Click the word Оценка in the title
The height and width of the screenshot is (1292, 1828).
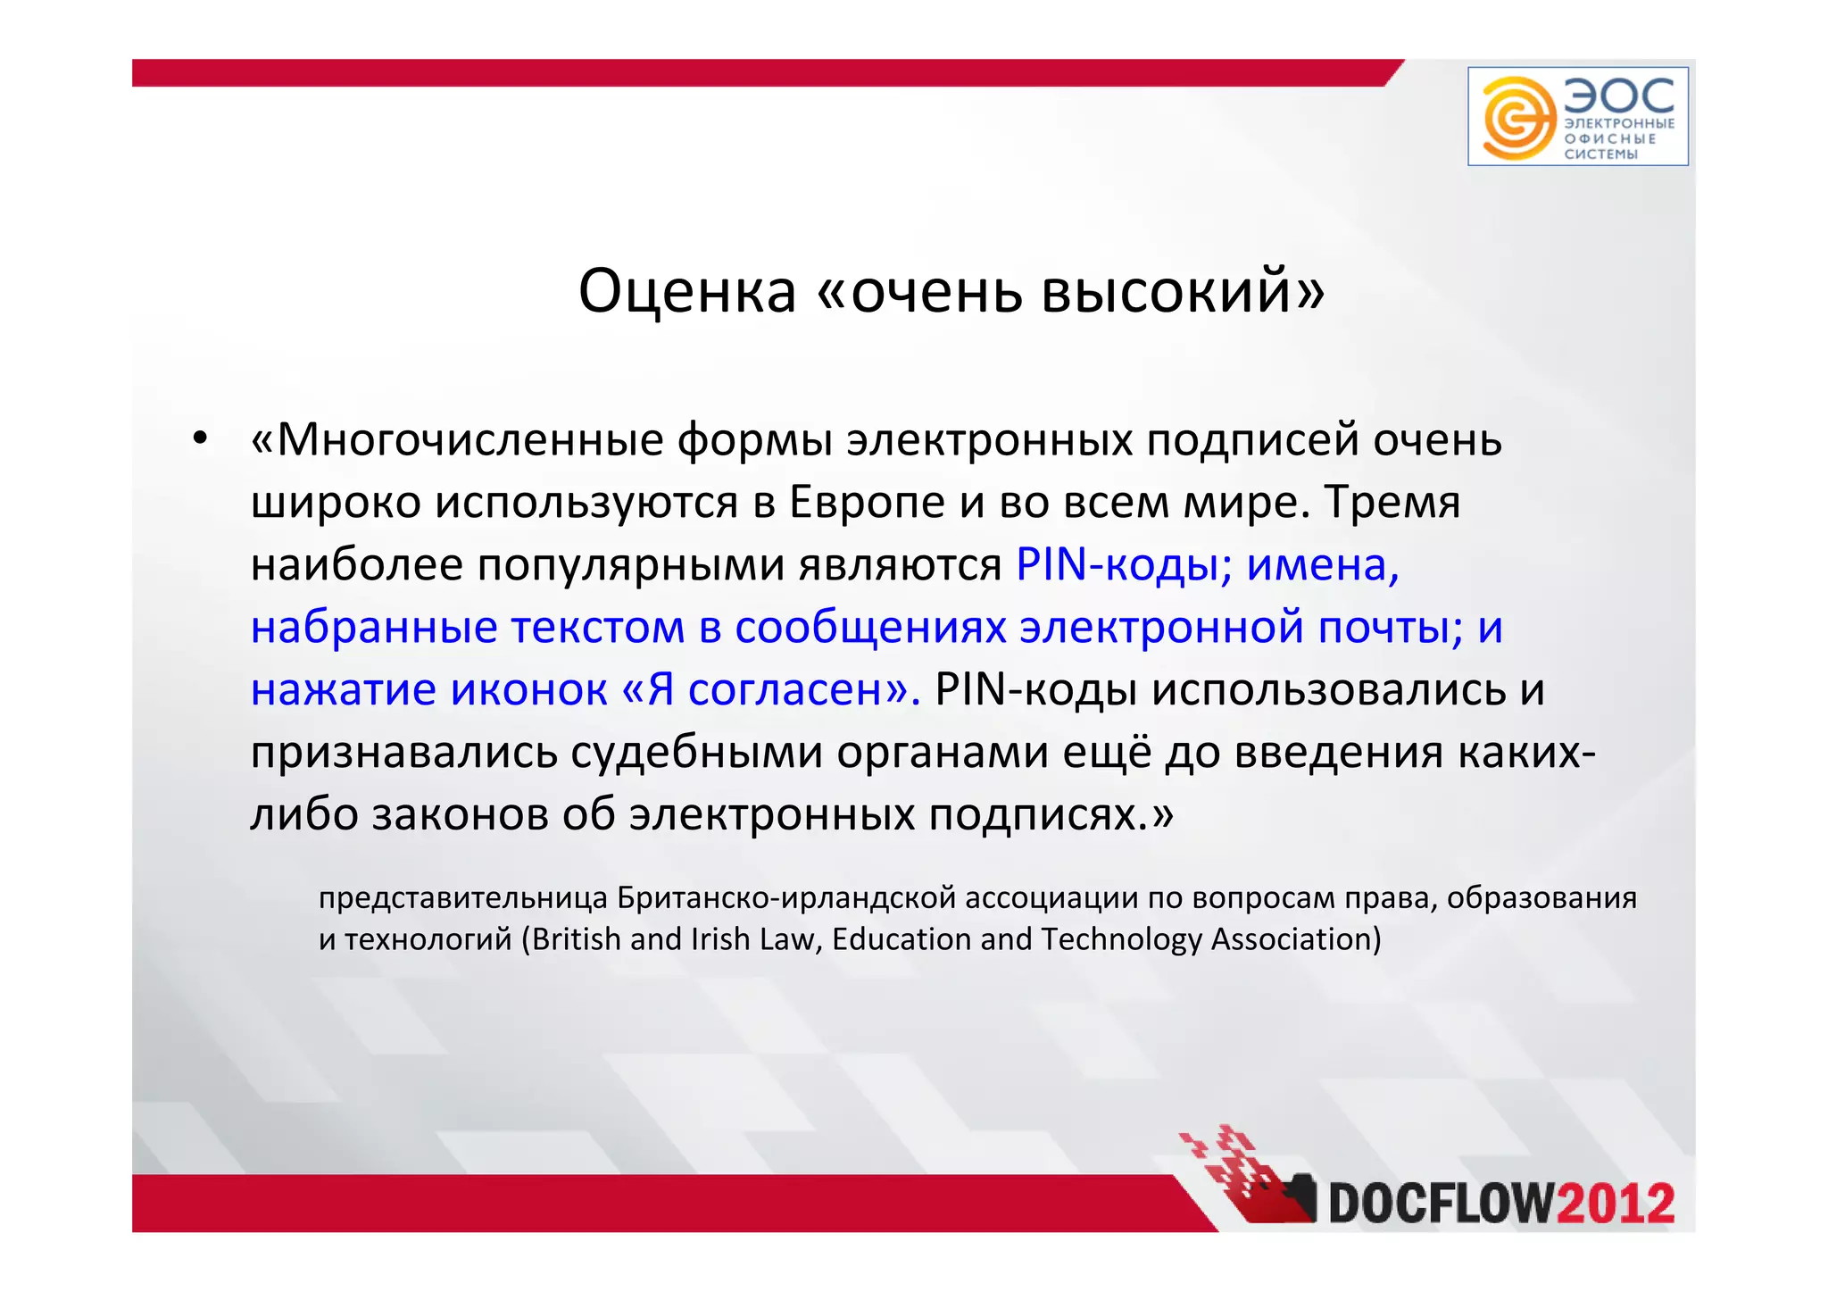point(686,291)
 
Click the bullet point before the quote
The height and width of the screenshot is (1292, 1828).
point(200,438)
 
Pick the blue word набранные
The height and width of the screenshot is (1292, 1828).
point(373,627)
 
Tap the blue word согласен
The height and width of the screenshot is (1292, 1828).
point(785,689)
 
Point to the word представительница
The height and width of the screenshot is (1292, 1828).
point(462,897)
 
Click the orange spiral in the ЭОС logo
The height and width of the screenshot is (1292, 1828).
point(1515,118)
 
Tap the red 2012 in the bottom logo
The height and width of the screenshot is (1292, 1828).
point(1616,1204)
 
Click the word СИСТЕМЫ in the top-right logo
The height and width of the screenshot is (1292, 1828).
point(1600,154)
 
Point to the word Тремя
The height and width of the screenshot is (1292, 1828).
point(1392,502)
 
